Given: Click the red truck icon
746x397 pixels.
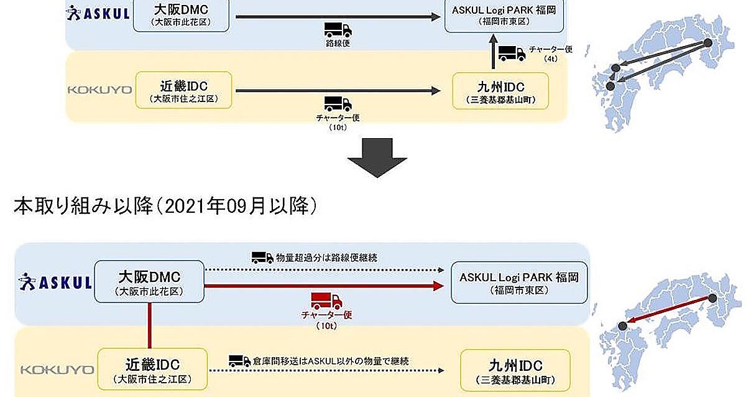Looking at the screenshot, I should (326, 301).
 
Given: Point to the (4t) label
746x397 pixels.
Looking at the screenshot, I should (550, 59).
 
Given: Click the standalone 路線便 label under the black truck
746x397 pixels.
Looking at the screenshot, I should (338, 45).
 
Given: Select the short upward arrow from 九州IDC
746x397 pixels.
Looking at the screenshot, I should (494, 55).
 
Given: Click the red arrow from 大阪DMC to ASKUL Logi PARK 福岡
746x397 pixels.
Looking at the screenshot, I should (323, 286).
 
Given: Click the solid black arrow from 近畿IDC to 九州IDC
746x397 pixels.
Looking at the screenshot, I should (336, 91).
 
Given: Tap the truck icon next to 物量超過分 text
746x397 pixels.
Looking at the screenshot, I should (262, 257).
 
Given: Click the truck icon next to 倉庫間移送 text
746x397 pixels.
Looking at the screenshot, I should (239, 360).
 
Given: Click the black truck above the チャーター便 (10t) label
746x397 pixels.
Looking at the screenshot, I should (338, 103).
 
